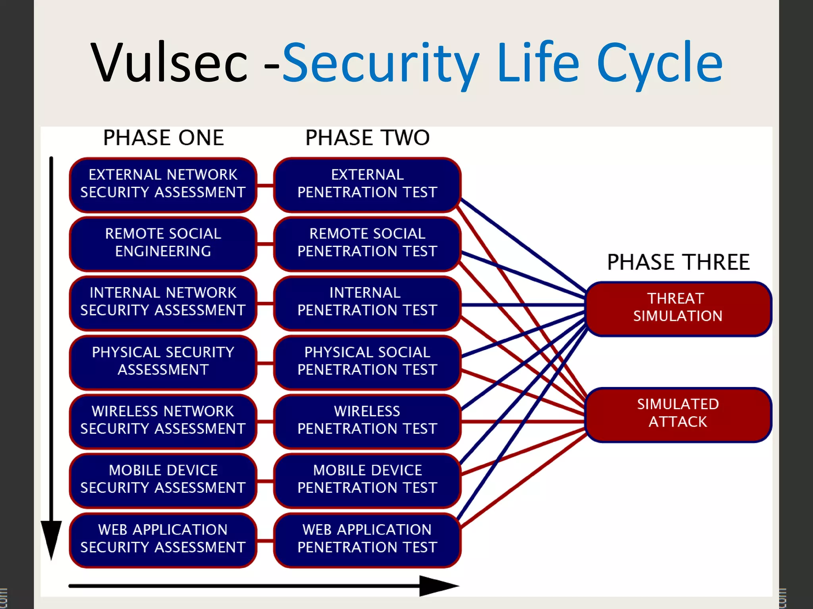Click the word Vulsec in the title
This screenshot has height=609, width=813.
[x=170, y=63]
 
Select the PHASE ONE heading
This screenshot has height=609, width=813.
[x=163, y=138]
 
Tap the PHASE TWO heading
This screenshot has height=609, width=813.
[x=367, y=138]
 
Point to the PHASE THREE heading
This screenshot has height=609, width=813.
[x=678, y=262]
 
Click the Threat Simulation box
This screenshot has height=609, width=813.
[x=678, y=308]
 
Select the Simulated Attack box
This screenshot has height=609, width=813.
[x=678, y=414]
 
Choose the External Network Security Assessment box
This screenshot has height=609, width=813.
[x=163, y=184]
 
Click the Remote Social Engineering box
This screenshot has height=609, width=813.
[x=163, y=243]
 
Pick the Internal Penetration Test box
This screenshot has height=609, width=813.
[x=367, y=302]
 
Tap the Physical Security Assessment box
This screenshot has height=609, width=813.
[x=163, y=361]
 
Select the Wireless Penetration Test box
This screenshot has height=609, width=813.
[x=367, y=420]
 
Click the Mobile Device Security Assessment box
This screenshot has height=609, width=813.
[x=163, y=479]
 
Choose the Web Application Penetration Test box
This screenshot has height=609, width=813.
[x=367, y=539]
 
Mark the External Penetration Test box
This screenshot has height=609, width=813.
[x=367, y=184]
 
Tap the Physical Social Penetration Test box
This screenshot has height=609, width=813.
[x=367, y=361]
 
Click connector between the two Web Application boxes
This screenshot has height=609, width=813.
[x=265, y=541]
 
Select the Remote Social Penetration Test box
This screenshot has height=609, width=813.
[x=367, y=243]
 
